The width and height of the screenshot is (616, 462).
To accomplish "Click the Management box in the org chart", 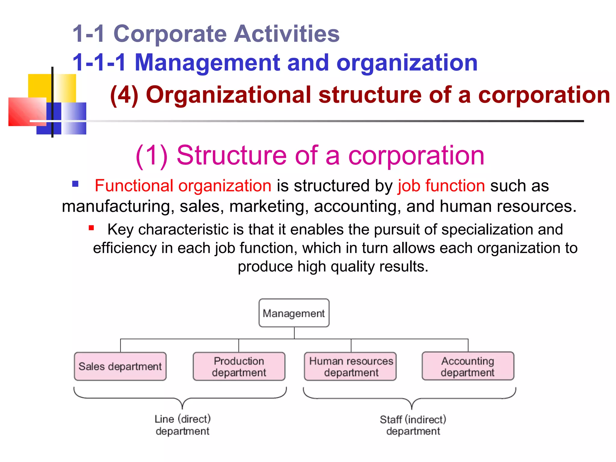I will pyautogui.click(x=294, y=313).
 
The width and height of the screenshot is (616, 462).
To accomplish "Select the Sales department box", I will pyautogui.click(x=120, y=366).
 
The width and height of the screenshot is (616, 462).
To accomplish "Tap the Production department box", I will pyautogui.click(x=239, y=366).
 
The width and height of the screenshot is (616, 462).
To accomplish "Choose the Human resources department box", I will pyautogui.click(x=351, y=366).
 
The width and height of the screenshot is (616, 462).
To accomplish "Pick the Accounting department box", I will pyautogui.click(x=468, y=366).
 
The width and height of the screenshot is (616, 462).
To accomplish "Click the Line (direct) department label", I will pyautogui.click(x=183, y=425).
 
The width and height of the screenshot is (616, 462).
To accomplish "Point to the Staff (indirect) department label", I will pyautogui.click(x=413, y=425).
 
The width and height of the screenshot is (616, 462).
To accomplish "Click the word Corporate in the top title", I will pyautogui.click(x=170, y=34).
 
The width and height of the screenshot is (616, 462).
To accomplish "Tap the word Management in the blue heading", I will pyautogui.click(x=208, y=63).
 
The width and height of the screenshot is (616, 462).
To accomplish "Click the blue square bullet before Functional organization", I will pyautogui.click(x=75, y=184).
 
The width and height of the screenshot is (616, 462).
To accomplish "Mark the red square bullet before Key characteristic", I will pyautogui.click(x=91, y=228).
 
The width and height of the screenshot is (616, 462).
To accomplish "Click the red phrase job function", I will pyautogui.click(x=441, y=186).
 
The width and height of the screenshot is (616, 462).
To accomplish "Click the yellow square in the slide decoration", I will pyautogui.click(x=41, y=85).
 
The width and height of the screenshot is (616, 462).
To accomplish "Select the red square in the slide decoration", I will pyautogui.click(x=26, y=111).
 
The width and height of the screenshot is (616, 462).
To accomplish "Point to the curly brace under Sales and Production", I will pyautogui.click(x=180, y=398).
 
